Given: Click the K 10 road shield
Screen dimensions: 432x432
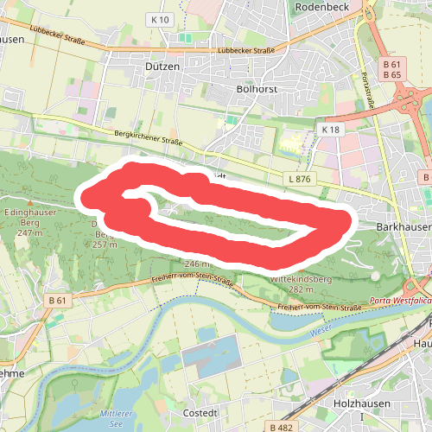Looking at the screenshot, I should [x=156, y=19].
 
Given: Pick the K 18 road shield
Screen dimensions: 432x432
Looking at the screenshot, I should [x=330, y=129].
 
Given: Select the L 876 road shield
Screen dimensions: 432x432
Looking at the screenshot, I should [x=300, y=179].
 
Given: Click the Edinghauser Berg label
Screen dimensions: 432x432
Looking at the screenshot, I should [x=29, y=216].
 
